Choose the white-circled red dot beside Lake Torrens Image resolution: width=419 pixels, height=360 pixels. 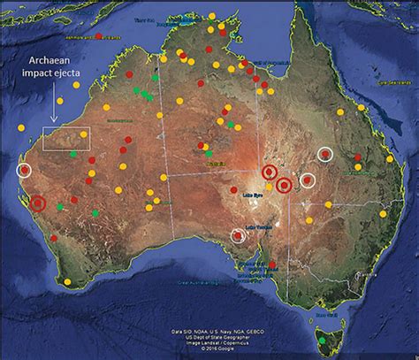tap(238, 235)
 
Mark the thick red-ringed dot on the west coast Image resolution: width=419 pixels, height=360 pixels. tap(37, 204)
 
